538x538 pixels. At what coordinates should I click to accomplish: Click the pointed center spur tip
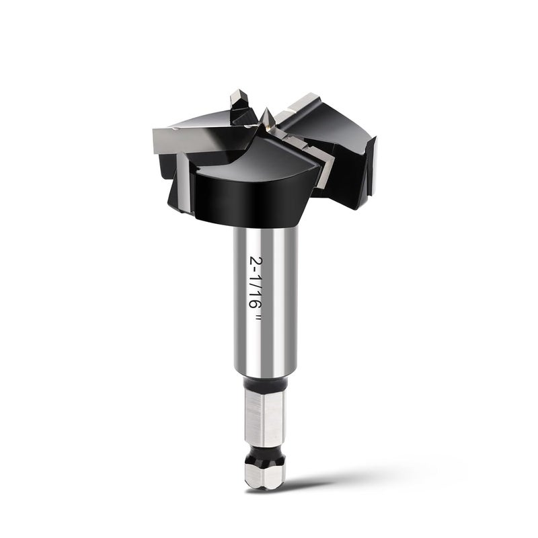pyautogui.click(x=266, y=109)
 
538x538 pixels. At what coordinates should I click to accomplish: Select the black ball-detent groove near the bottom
pyautogui.click(x=264, y=453)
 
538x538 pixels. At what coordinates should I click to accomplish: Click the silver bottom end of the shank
pyautogui.click(x=265, y=476)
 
